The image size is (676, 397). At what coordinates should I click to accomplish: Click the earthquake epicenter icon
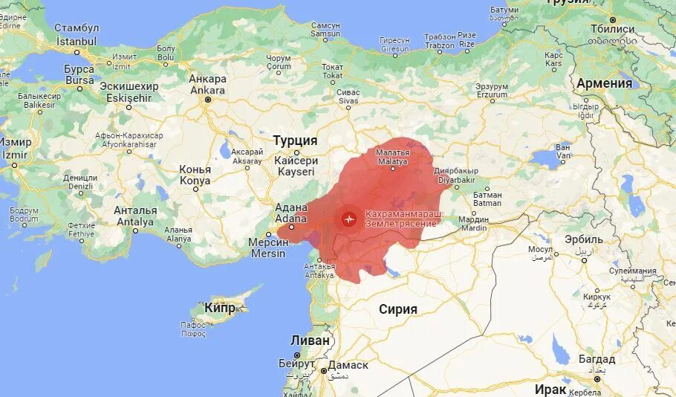[348, 219]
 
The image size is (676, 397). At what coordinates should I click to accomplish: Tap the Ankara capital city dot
[208, 100]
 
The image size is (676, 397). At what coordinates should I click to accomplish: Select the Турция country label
[295, 141]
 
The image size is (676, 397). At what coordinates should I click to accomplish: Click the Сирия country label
[398, 309]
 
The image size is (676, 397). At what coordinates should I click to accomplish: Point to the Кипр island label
[220, 308]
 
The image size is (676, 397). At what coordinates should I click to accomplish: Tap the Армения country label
[605, 83]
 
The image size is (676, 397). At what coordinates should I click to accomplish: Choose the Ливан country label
[309, 340]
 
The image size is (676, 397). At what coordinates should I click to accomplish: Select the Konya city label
[195, 175]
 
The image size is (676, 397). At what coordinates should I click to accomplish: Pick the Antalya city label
[134, 216]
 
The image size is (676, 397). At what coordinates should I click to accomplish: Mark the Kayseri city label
[296, 167]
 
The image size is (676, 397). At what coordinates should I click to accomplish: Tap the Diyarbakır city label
[456, 175]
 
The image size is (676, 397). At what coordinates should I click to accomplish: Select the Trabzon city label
[440, 40]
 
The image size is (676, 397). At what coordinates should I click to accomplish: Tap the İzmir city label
[16, 147]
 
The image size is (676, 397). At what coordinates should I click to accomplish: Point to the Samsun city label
[325, 30]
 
